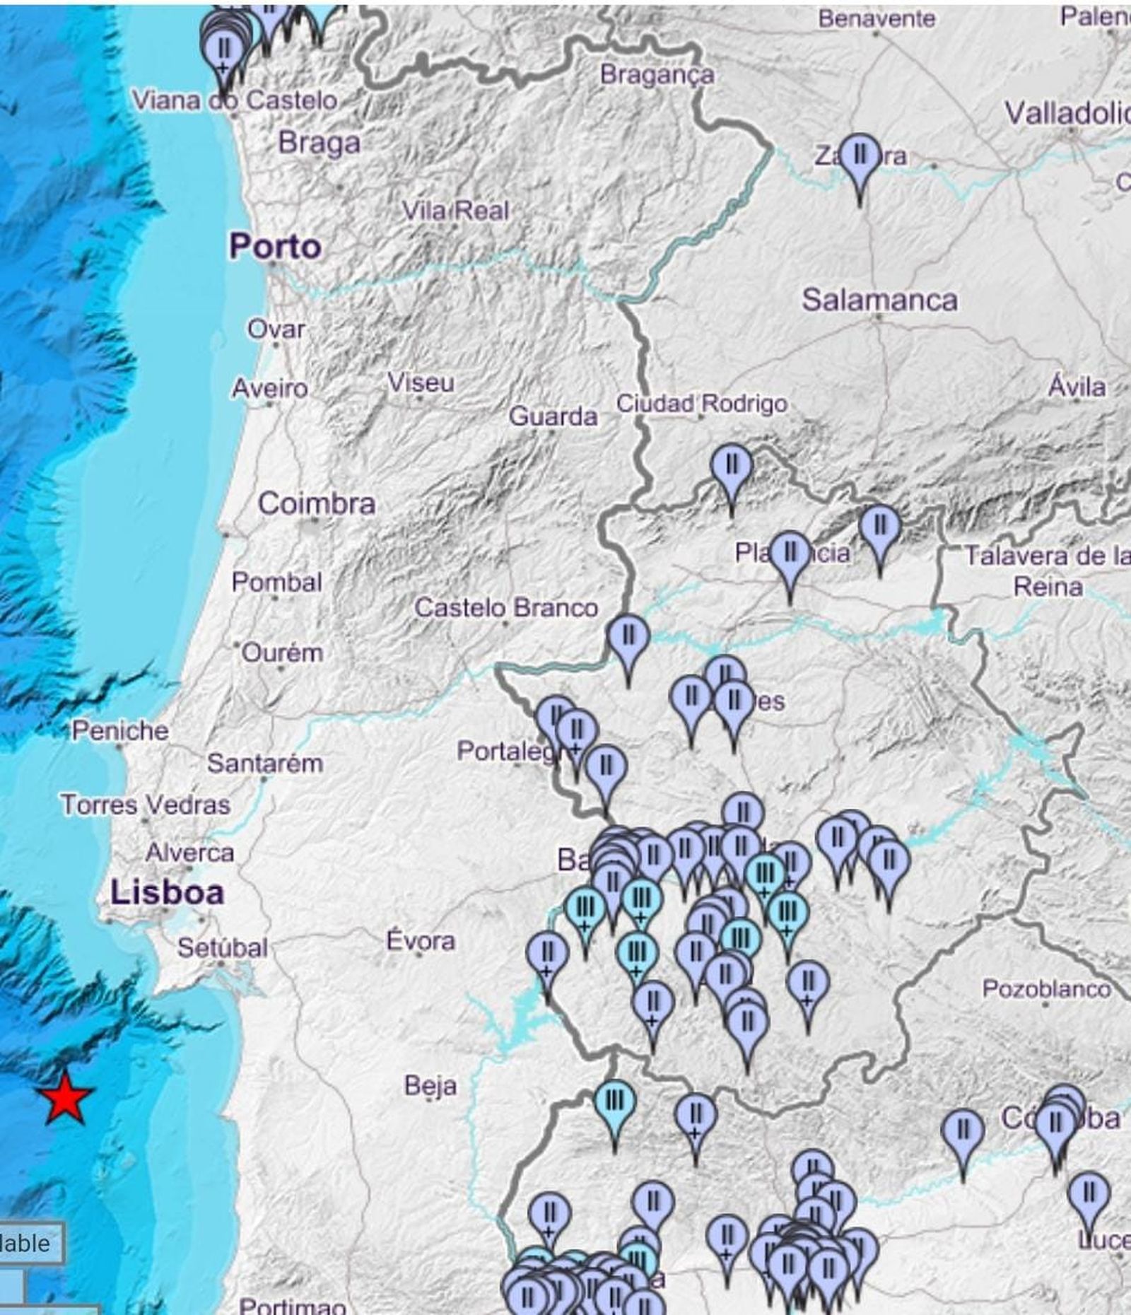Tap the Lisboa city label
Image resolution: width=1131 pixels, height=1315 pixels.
coord(167,893)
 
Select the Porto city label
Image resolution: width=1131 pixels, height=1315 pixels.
coord(275,247)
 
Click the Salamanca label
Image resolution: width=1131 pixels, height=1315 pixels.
coord(879,300)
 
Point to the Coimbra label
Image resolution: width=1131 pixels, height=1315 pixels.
coord(316,504)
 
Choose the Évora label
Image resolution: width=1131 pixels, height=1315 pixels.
coord(421,941)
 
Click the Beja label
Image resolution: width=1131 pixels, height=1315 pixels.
coord(430,1085)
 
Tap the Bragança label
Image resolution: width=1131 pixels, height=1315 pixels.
coord(657,75)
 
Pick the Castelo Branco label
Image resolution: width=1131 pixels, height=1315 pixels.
coord(505,607)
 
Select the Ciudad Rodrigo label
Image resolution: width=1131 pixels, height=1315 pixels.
coord(701,404)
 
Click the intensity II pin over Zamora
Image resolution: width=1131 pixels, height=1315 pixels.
coord(860,156)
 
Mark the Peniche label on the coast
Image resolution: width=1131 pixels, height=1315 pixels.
coord(120,730)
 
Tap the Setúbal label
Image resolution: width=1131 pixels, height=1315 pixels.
coord(222,947)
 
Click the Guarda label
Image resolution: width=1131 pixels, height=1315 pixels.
coord(553,416)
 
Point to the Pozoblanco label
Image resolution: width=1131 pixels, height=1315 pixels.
coord(1046,989)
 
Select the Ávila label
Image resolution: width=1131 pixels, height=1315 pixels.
coord(1077,387)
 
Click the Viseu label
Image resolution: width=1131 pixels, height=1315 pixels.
coord(421,383)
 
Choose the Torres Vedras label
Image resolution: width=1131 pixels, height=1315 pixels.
coord(145,805)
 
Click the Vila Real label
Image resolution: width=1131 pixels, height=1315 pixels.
coord(456,211)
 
